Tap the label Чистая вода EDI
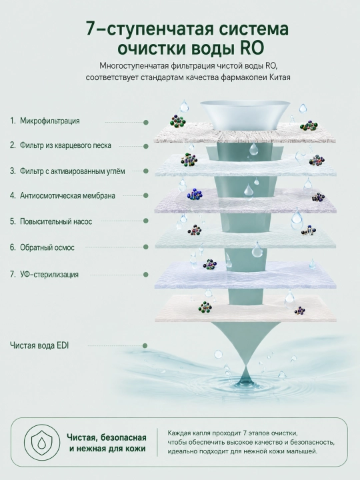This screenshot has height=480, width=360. pyautogui.click(x=39, y=345)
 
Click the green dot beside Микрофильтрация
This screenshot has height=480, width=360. pyautogui.click(x=146, y=123)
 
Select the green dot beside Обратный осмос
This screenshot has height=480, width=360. pyautogui.click(x=146, y=247)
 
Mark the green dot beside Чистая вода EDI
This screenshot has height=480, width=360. pyautogui.click(x=145, y=345)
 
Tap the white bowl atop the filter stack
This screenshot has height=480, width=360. pyautogui.click(x=245, y=115)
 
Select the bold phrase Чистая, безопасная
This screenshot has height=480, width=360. pyautogui.click(x=107, y=437)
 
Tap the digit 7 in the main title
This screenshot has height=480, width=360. pyautogui.click(x=91, y=29)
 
